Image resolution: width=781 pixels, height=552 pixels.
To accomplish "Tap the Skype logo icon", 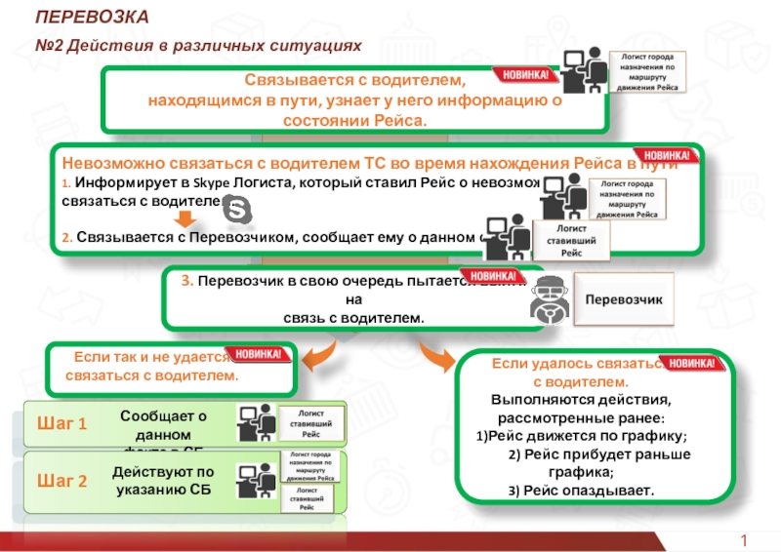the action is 236,209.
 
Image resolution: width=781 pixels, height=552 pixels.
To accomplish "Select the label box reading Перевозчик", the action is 623,298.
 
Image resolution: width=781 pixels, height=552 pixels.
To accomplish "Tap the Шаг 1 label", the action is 62,423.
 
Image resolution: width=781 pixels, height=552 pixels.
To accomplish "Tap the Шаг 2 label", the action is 62,481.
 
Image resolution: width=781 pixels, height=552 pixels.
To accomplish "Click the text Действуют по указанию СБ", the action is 163,480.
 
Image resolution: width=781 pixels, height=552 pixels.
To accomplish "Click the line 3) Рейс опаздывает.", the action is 582,489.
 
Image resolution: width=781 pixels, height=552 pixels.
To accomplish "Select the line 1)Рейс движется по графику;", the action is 582,436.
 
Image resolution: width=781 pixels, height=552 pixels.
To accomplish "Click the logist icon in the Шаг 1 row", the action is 254,424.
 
